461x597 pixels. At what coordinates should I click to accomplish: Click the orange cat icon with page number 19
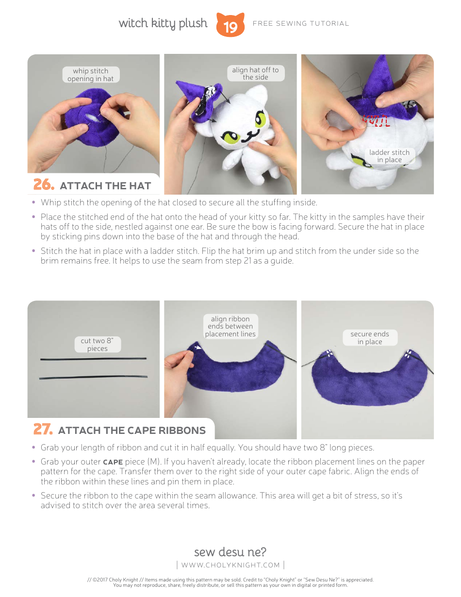230,25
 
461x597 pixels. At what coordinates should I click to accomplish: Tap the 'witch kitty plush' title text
163,23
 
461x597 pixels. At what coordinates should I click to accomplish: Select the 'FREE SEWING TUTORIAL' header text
301,23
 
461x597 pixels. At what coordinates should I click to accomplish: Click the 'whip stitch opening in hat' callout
91,75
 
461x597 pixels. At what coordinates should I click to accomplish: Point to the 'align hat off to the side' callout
255,73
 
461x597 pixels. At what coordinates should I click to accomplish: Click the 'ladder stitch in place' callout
389,156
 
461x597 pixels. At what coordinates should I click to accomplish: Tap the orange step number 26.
43,185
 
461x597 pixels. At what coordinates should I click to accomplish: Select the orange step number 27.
43,430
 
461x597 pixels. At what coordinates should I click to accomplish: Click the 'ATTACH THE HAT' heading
105,185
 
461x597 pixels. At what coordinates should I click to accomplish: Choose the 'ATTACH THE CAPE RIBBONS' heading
132,430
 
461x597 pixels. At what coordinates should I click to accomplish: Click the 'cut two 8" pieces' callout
97,345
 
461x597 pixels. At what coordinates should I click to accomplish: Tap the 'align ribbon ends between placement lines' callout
230,326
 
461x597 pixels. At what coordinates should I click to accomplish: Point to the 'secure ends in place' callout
370,338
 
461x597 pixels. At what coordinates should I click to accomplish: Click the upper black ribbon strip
93,359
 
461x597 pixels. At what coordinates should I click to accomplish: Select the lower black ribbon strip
93,377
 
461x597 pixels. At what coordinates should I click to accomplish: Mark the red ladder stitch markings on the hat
377,120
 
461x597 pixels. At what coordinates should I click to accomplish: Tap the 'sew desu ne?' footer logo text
230,552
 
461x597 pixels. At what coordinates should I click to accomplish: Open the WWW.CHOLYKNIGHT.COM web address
230,564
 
